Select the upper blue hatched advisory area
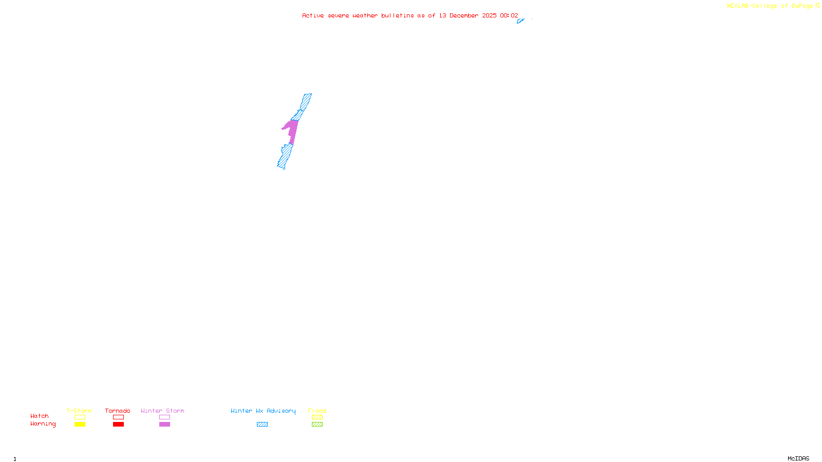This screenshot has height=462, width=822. pos(304,103)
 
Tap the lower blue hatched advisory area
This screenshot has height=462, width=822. pos(285,156)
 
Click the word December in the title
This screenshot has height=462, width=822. pos(463,15)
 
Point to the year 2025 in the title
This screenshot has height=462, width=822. pos(489,15)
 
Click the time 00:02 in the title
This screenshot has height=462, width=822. pos(509,15)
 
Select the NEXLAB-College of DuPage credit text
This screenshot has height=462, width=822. pos(770,6)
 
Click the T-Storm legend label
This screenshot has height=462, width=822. pos(79,411)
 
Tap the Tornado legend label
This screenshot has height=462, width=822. pos(118,411)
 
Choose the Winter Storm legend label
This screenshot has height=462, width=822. pos(162,411)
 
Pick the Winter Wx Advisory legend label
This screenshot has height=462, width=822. pos(263,411)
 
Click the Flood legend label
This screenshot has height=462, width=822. pos(317,411)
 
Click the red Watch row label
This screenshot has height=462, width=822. pos(40,416)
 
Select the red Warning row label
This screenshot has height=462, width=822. pos(43,424)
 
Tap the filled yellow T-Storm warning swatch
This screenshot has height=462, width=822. pos(80,425)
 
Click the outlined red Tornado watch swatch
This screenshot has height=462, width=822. pos(118,417)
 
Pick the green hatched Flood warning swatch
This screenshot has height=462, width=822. pos(317,425)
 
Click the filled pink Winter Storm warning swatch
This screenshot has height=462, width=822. pos(164,425)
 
